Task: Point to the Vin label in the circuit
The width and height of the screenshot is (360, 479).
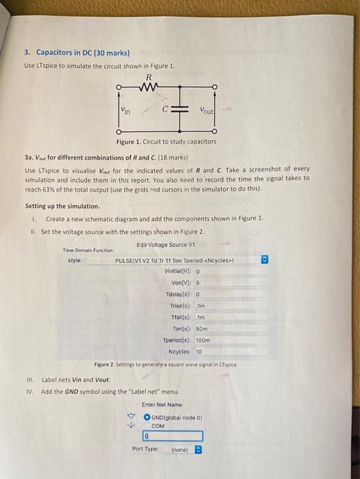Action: tap(127, 108)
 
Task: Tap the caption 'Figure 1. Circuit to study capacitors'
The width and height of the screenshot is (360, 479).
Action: tap(166, 142)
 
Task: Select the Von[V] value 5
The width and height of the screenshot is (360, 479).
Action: tap(197, 282)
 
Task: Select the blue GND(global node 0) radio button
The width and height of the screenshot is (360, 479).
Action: tap(146, 416)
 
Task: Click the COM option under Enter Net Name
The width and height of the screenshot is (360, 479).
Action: tap(158, 424)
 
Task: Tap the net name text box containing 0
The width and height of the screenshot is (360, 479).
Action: tap(172, 436)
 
